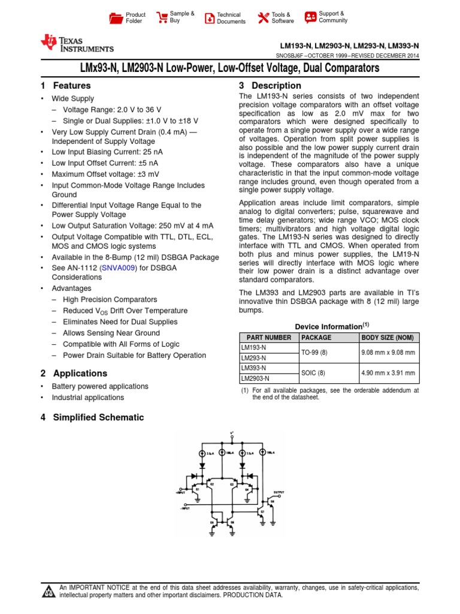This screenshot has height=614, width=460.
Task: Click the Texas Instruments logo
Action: (76, 43)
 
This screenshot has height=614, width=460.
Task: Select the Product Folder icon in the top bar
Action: (116, 18)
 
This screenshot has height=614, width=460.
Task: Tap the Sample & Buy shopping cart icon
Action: (162, 17)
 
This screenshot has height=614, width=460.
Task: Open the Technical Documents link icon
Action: (209, 18)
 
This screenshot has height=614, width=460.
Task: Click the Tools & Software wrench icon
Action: (263, 18)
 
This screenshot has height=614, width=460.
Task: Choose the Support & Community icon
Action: (310, 17)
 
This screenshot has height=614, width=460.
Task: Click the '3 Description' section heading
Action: (270, 86)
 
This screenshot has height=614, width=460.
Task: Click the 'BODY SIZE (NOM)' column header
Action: (389, 338)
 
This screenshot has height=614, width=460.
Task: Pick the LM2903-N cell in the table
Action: (255, 378)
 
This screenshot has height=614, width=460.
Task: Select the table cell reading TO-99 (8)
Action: (314, 353)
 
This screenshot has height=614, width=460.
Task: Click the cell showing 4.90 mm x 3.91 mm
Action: (389, 372)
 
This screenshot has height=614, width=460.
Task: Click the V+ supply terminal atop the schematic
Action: (231, 433)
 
